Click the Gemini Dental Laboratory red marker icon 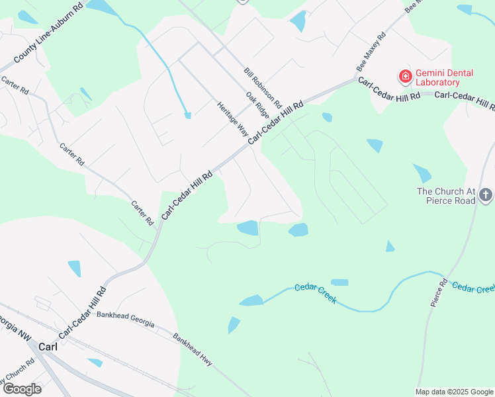pos(404,77)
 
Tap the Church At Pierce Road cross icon pos(486,195)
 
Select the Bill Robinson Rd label pos(263,88)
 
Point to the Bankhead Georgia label pos(125,318)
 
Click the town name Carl pos(48,347)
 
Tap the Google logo pos(22,389)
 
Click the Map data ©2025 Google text pos(454,392)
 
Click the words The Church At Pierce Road pos(445,196)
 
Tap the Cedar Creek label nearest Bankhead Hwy pos(316,292)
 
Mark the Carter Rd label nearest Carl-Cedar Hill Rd pos(142,212)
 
